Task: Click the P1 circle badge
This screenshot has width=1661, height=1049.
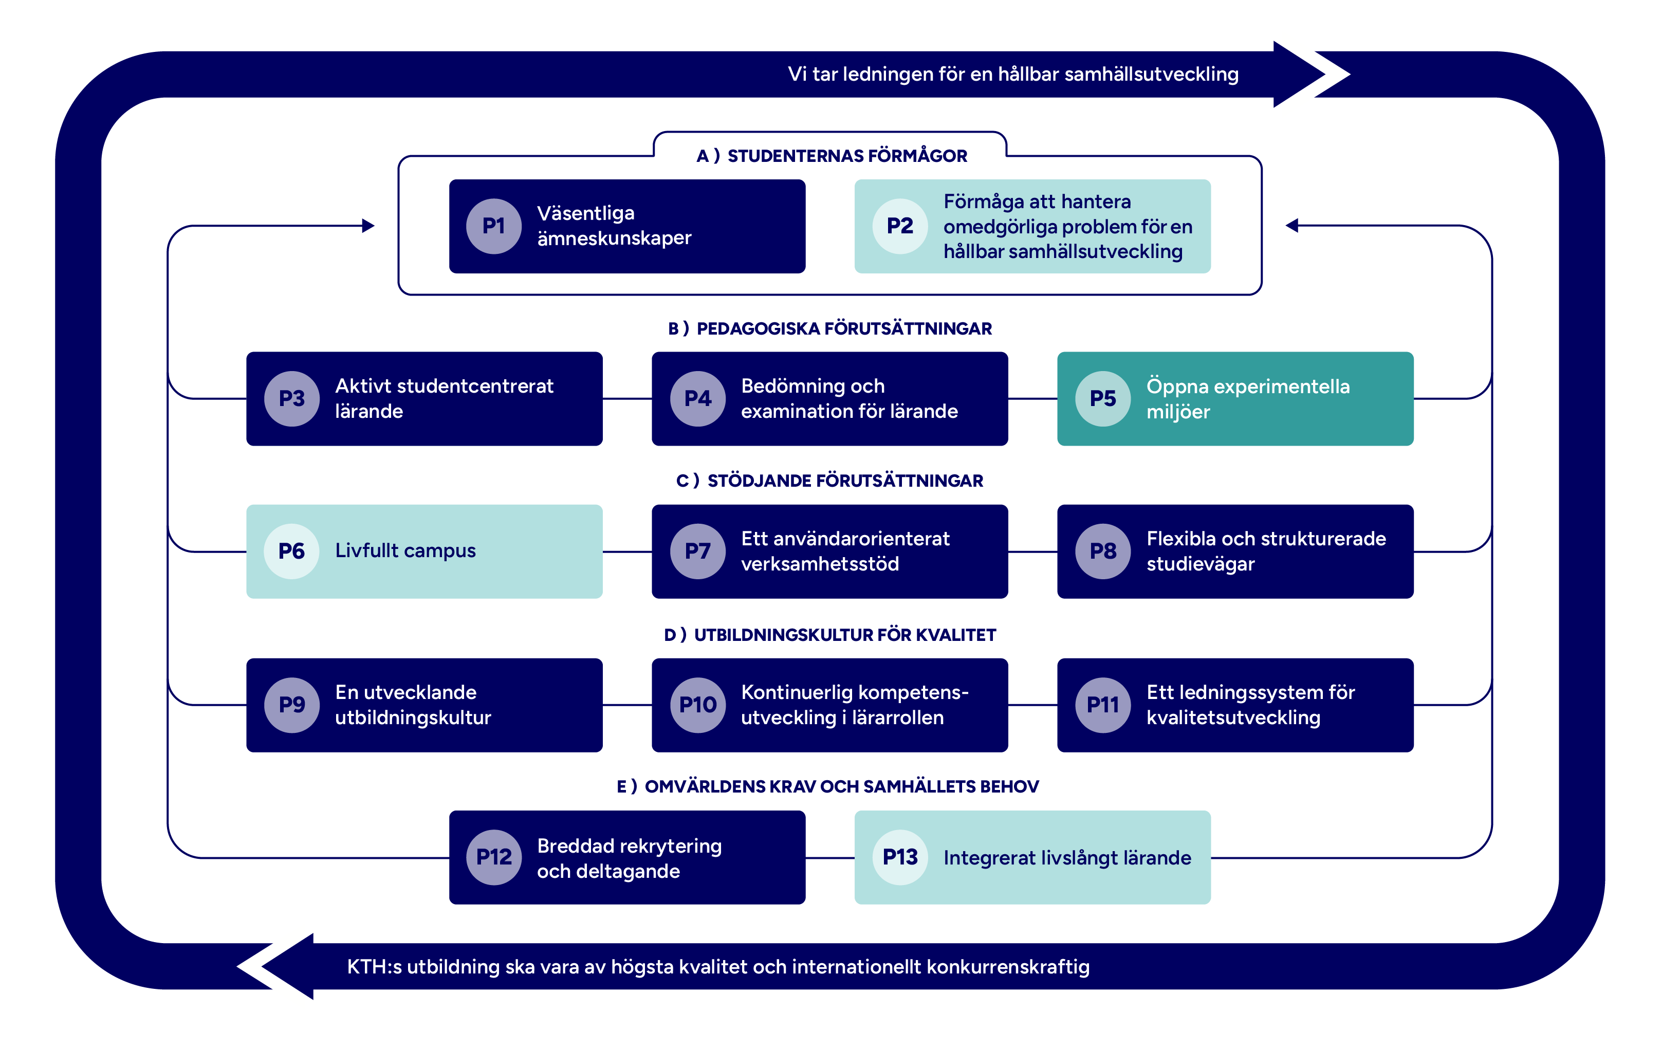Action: coord(493,226)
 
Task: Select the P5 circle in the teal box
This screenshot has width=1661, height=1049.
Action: coord(1102,399)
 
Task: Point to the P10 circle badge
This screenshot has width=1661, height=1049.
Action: coord(697,705)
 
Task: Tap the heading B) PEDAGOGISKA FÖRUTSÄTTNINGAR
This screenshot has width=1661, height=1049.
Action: coord(830,328)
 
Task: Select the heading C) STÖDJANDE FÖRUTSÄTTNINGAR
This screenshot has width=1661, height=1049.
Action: coord(830,481)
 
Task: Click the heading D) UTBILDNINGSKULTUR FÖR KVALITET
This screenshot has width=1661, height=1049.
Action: coord(830,635)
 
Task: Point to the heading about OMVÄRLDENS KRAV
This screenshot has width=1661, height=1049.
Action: coord(828,786)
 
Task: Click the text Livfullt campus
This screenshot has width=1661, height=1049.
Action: coord(405,550)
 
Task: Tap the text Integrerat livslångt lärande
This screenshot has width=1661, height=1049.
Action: coord(1066,857)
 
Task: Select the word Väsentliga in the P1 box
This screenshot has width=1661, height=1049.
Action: coord(586,213)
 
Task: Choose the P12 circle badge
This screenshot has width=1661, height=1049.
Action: coord(493,857)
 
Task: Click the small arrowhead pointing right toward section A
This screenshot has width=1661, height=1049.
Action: coord(368,226)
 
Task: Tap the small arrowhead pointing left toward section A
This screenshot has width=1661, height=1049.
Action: coord(1292,226)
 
